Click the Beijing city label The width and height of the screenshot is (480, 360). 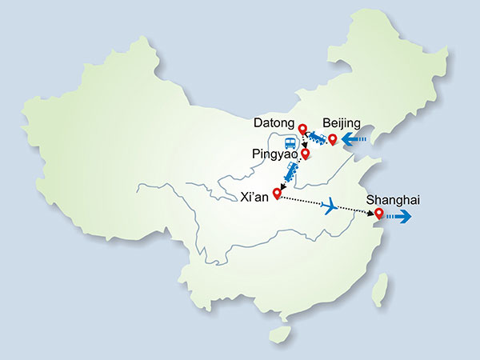pyautogui.click(x=342, y=123)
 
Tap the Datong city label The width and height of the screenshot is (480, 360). pyautogui.click(x=274, y=123)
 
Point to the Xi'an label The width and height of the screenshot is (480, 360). pyautogui.click(x=253, y=194)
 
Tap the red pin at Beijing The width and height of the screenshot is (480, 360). pyautogui.click(x=333, y=139)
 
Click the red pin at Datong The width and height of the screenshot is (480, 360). pyautogui.click(x=302, y=129)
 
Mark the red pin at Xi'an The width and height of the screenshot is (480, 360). pyautogui.click(x=278, y=192)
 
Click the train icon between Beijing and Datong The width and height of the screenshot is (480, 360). pyautogui.click(x=318, y=140)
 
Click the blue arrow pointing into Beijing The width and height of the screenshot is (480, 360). pyautogui.click(x=355, y=142)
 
